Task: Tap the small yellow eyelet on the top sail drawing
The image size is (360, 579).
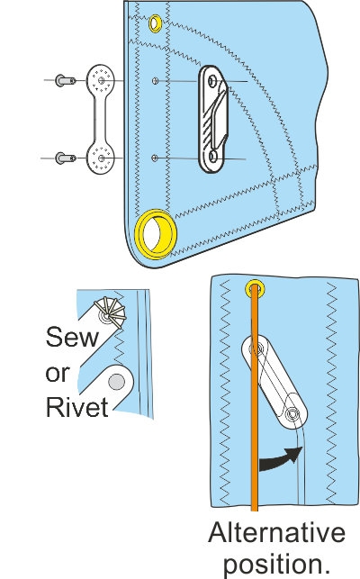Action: coord(156,21)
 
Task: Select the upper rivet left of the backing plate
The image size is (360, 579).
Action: coord(62,80)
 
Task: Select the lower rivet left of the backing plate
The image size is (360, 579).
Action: coord(62,158)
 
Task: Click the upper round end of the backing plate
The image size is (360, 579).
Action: coord(103,80)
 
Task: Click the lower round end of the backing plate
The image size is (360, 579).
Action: coord(103,159)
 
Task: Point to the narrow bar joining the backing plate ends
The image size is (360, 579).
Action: coord(103,120)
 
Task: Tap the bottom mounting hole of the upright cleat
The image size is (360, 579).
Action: coord(212,158)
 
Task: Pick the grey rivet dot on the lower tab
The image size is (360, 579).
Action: coord(115,382)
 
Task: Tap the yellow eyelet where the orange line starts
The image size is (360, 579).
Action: coord(256,290)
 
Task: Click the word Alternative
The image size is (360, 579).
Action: coord(276,533)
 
